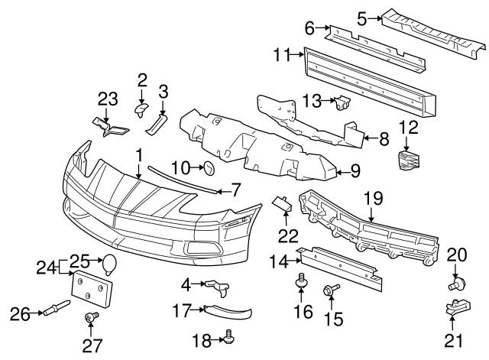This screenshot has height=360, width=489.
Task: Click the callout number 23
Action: (x=108, y=98)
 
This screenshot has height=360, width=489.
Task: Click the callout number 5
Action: (x=362, y=16)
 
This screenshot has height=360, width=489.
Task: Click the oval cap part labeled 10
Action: (x=207, y=167)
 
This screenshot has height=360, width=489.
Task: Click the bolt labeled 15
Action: (x=332, y=290)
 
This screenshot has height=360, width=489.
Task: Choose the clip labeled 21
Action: (x=456, y=312)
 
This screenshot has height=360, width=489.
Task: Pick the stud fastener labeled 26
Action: (x=55, y=310)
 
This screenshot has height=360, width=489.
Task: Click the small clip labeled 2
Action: (x=141, y=111)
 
